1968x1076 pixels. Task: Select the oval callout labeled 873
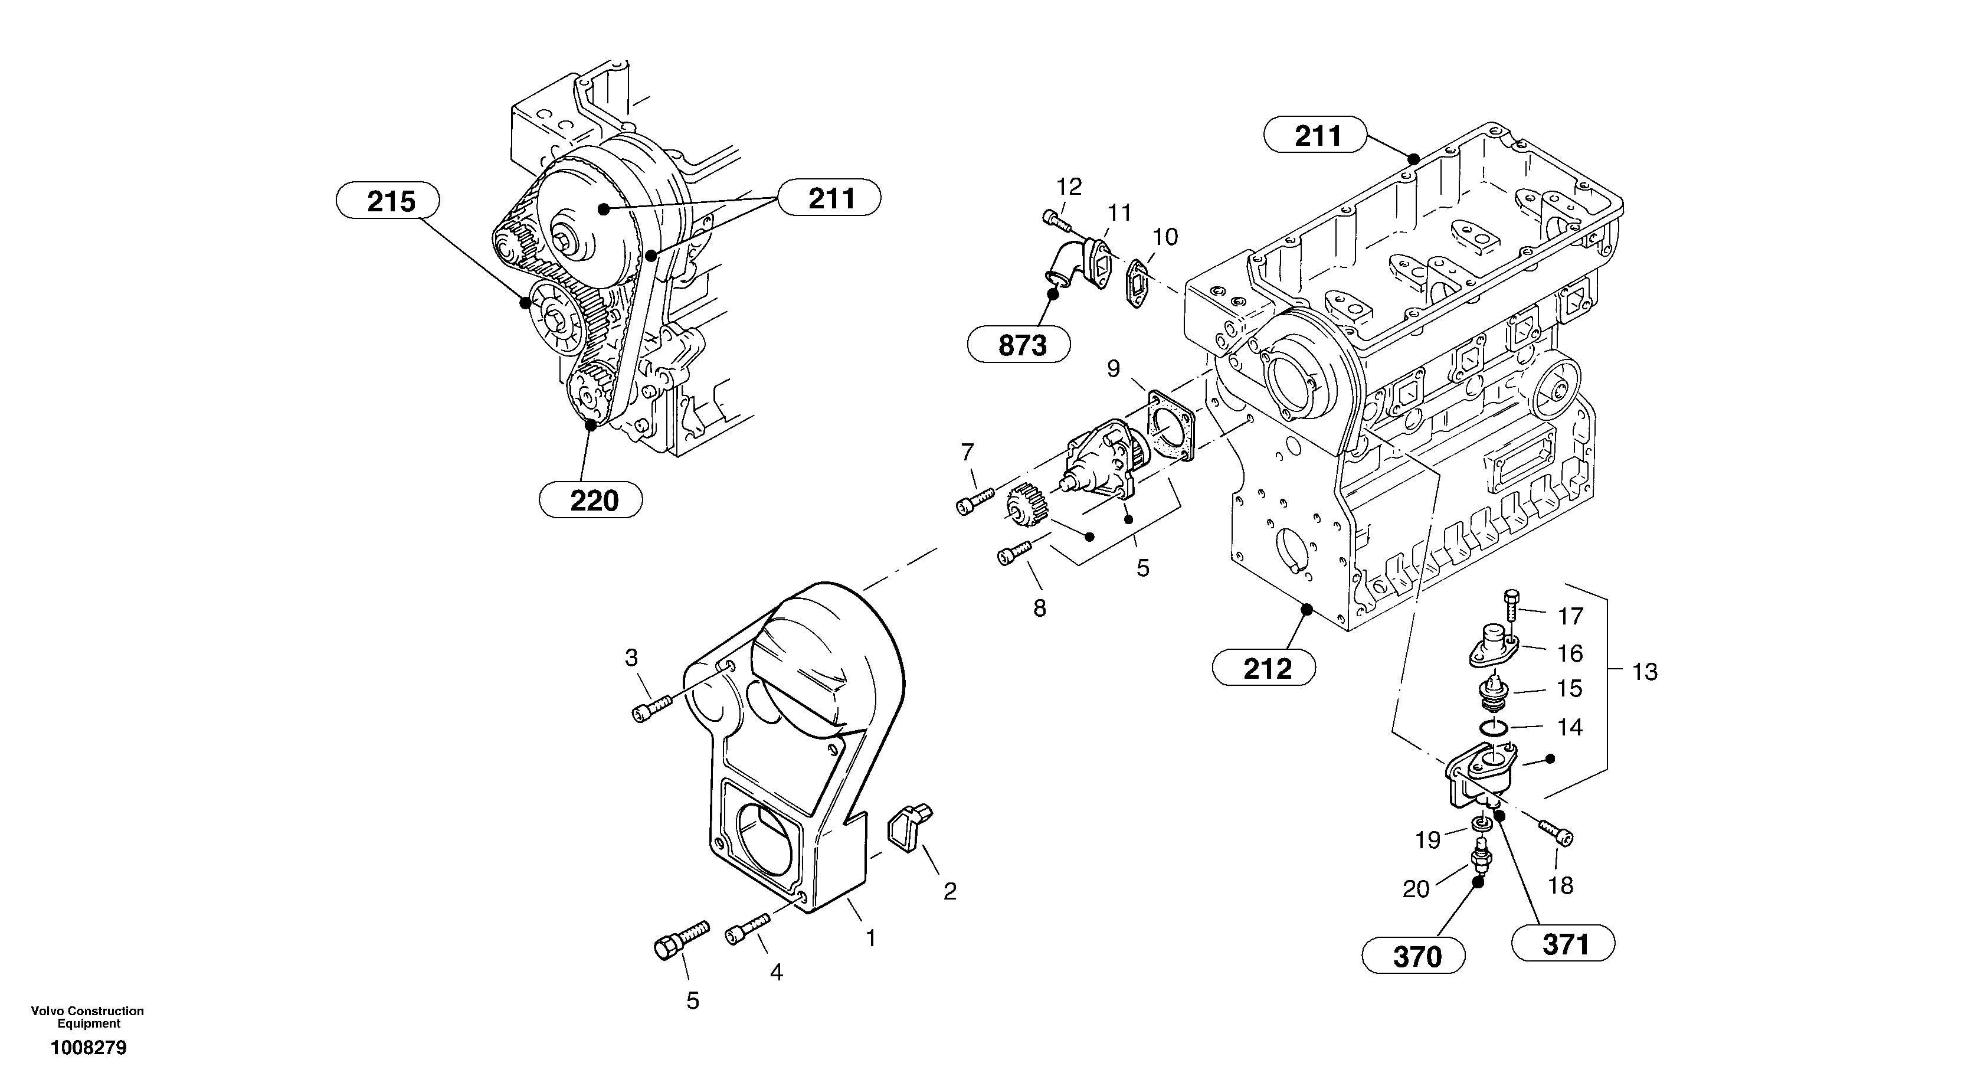point(1019,345)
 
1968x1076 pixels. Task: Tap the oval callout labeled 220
point(591,501)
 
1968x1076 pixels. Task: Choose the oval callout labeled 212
point(1263,669)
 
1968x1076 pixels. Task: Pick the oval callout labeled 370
point(1413,956)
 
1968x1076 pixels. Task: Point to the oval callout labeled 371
point(1563,944)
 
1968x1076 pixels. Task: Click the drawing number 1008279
point(89,1048)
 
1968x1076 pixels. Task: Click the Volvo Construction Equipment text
point(87,1017)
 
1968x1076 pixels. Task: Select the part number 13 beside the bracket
point(1644,672)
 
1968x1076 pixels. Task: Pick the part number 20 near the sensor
point(1416,889)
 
